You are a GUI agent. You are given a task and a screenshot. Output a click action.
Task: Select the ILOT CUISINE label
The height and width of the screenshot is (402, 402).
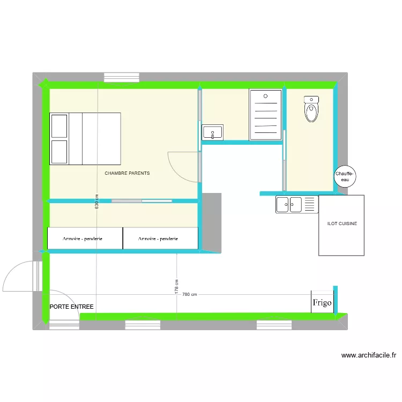click(x=342, y=224)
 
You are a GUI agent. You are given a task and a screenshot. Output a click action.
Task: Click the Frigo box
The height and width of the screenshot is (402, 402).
click(x=322, y=302)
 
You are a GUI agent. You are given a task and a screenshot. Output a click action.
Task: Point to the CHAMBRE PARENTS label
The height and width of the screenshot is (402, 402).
click(x=127, y=174)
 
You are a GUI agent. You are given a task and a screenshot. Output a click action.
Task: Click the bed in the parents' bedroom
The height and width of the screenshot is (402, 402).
click(x=85, y=138)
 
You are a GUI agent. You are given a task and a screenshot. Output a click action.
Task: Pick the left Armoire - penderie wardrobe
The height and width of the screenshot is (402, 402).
click(x=85, y=239)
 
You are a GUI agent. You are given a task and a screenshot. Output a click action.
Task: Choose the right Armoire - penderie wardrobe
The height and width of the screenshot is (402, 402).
click(x=160, y=239)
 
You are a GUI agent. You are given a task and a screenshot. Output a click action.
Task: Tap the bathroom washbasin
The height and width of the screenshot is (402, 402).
click(x=213, y=132)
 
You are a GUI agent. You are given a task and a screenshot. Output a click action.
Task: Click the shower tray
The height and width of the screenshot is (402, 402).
click(x=265, y=115)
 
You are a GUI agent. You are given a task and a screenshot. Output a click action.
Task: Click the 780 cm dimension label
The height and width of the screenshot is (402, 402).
click(x=190, y=294)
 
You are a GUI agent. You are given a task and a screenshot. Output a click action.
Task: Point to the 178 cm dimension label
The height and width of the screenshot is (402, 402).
click(x=176, y=287)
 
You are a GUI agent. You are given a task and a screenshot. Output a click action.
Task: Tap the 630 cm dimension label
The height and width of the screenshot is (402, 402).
click(x=97, y=201)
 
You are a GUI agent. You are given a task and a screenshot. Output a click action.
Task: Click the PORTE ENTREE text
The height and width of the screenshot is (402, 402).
click(x=71, y=307)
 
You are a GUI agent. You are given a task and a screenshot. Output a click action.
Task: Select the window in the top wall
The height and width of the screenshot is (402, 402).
click(x=122, y=77)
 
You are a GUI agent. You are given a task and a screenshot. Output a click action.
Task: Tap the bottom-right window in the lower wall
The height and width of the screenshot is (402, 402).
click(x=274, y=324)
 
